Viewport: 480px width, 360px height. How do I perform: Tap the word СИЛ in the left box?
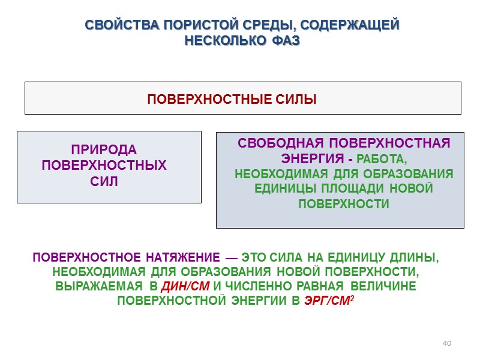[104, 181]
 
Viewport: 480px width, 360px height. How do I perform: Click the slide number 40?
[446, 343]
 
